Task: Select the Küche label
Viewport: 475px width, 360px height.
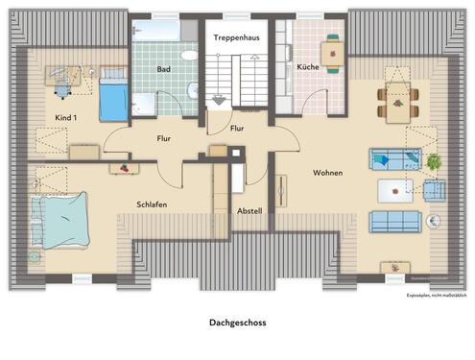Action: point(307,67)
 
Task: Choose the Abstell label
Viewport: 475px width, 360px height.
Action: point(249,210)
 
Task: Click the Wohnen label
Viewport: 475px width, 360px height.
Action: point(327,173)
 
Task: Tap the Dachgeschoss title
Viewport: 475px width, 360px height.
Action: point(237,324)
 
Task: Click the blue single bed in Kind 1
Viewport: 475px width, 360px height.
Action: point(113,94)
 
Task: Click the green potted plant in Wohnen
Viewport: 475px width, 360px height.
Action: point(433,160)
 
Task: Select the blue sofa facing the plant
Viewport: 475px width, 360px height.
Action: point(392,159)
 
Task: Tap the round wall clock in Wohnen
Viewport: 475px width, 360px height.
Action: point(433,221)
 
